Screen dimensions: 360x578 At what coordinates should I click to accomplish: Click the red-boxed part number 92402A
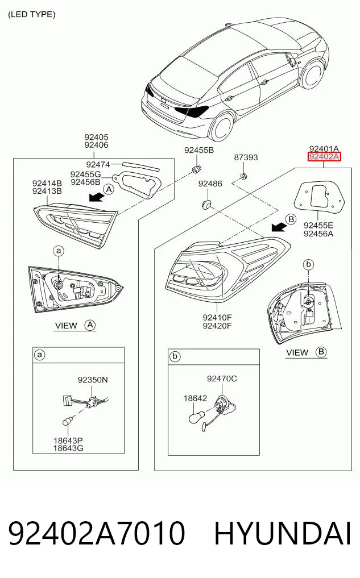(x=324, y=157)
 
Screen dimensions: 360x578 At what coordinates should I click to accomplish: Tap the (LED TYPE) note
(x=32, y=14)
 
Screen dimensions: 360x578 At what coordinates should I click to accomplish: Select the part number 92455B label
(x=199, y=150)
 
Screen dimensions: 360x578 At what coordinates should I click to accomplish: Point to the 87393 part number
(x=246, y=157)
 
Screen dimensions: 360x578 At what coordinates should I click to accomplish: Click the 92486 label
(x=210, y=184)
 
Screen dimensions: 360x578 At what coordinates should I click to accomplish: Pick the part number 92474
(x=98, y=164)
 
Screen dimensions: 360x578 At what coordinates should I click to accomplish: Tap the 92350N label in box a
(x=93, y=379)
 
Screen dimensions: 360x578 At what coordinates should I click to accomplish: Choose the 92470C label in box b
(x=222, y=379)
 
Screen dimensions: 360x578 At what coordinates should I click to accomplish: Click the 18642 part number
(x=195, y=398)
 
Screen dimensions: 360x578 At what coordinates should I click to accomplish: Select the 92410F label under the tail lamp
(x=217, y=317)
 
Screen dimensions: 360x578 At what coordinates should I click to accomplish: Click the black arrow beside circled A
(x=96, y=197)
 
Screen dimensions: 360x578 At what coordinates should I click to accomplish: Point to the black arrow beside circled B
(x=279, y=227)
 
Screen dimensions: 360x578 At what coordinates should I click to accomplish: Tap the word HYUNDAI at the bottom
(x=283, y=533)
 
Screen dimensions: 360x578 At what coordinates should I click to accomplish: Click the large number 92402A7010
(x=96, y=533)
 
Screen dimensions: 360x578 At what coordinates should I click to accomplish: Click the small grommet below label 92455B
(x=197, y=169)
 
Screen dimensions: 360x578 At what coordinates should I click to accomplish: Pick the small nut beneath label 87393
(x=243, y=176)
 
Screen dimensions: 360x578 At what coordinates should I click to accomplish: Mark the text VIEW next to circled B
(x=297, y=353)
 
